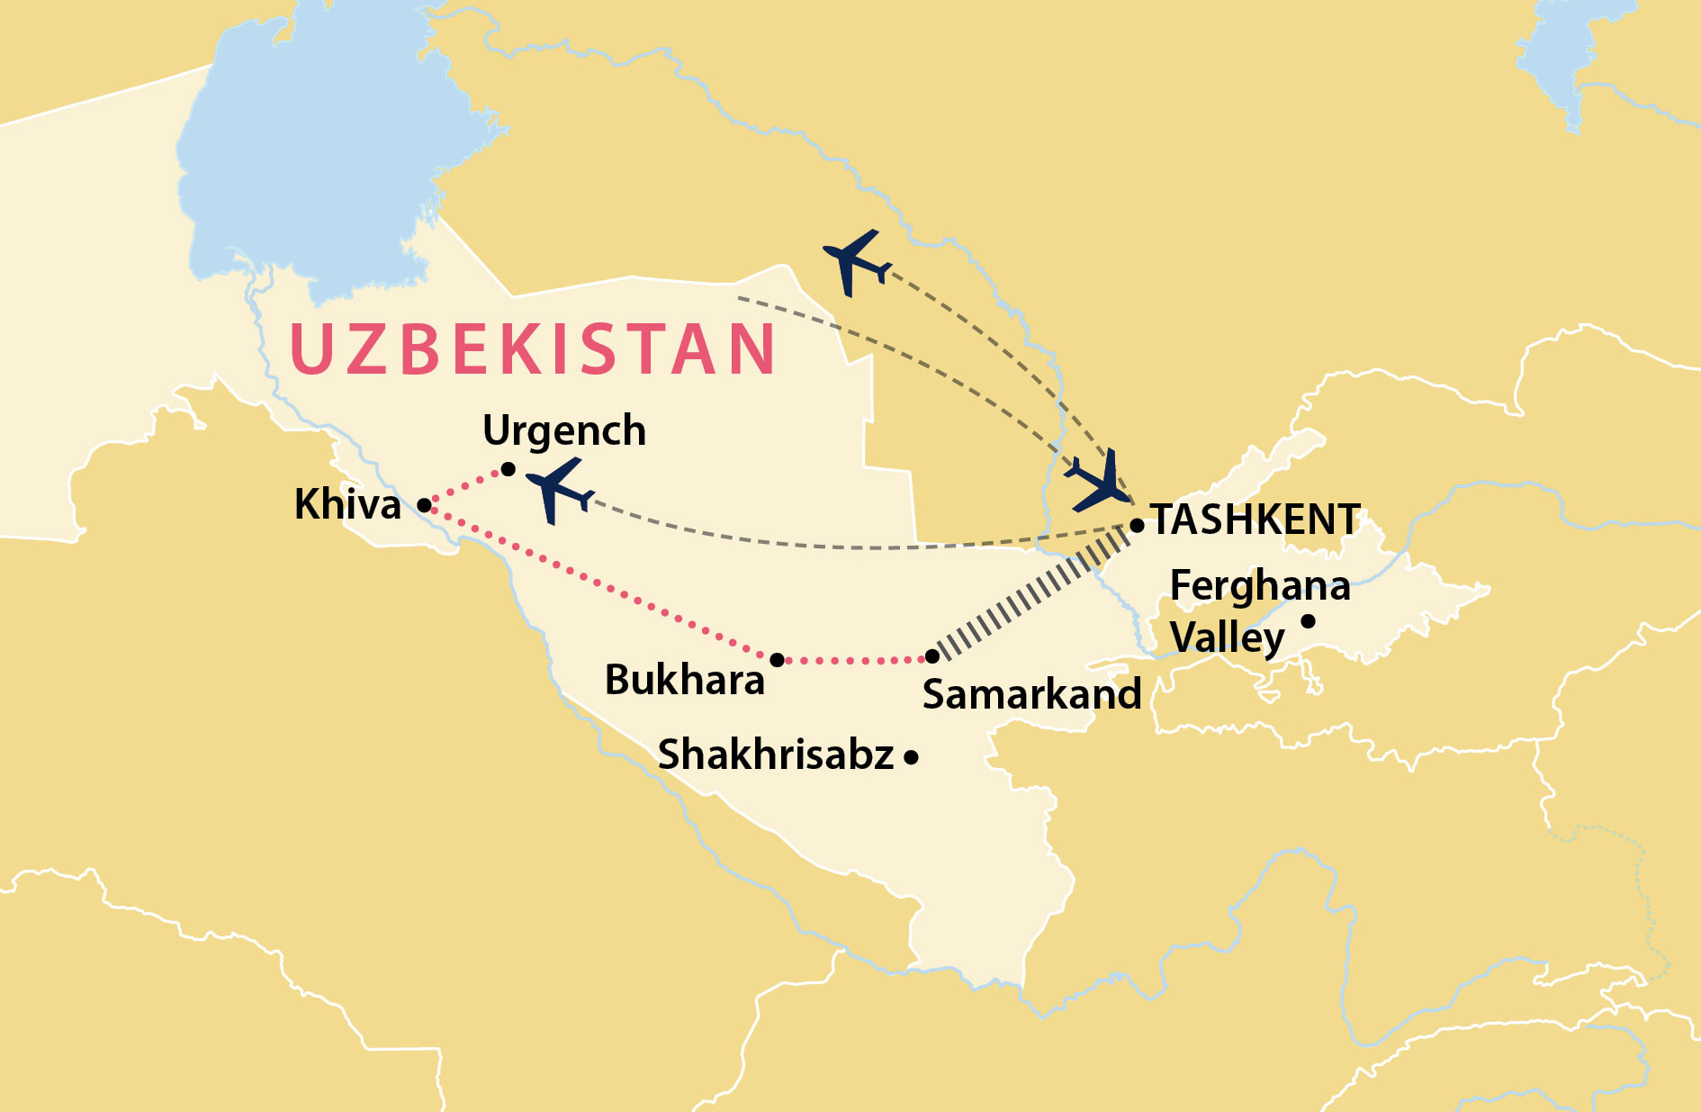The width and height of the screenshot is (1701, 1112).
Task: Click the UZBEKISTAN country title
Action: [533, 348]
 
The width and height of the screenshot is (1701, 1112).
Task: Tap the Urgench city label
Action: [564, 431]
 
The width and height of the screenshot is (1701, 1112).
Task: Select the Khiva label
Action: [347, 504]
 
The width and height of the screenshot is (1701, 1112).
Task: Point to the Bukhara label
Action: [684, 680]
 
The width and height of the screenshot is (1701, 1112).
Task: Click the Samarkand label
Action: [1031, 694]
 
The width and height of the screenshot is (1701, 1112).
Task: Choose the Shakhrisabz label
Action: [776, 755]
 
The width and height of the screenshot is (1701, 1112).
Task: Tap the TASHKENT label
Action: [1256, 520]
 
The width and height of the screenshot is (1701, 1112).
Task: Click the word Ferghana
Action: [1260, 586]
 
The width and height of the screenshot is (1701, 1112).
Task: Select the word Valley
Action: [1227, 637]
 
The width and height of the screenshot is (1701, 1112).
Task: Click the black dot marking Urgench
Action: [508, 469]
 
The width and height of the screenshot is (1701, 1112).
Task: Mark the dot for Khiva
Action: [424, 505]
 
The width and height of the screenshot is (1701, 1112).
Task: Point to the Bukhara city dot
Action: [778, 660]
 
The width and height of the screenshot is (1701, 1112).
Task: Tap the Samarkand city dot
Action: [932, 656]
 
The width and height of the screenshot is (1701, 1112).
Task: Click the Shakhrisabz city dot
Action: [911, 757]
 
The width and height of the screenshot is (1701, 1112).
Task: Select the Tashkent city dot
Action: [1137, 525]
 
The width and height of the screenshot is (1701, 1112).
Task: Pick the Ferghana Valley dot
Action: [1309, 621]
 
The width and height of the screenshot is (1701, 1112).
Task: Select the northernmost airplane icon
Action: [856, 262]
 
